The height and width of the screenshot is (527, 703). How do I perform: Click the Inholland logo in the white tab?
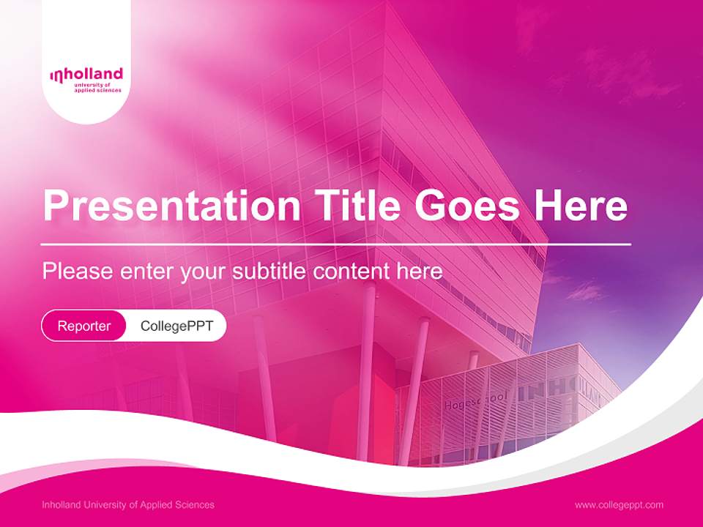point(86,75)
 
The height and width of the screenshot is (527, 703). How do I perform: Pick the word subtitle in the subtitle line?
point(269,272)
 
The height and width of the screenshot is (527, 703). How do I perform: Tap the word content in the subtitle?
point(351,272)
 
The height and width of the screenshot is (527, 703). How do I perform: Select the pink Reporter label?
point(84,326)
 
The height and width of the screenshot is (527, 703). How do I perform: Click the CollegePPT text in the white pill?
point(176,326)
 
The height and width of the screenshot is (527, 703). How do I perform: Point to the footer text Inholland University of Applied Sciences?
point(128,505)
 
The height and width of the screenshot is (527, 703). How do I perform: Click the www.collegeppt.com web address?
point(619,505)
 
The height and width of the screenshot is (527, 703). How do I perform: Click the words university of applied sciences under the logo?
point(97,88)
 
